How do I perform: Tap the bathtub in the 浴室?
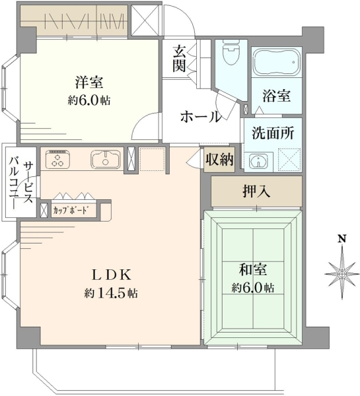[277, 62]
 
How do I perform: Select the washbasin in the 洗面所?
[258, 161]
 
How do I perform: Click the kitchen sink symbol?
[106, 159]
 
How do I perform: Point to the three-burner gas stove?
[57, 159]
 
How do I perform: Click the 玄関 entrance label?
[179, 59]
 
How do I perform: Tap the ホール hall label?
[201, 117]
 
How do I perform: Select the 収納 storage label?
[219, 160]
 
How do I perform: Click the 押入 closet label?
[256, 191]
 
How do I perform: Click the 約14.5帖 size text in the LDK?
[111, 293]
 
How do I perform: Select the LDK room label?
[112, 275]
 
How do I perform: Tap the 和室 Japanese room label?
[253, 269]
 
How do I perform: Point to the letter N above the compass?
[342, 239]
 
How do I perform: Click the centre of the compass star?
[342, 274]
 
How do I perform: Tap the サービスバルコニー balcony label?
[20, 183]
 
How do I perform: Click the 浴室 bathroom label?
[276, 96]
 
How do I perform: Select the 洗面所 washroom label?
[273, 133]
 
